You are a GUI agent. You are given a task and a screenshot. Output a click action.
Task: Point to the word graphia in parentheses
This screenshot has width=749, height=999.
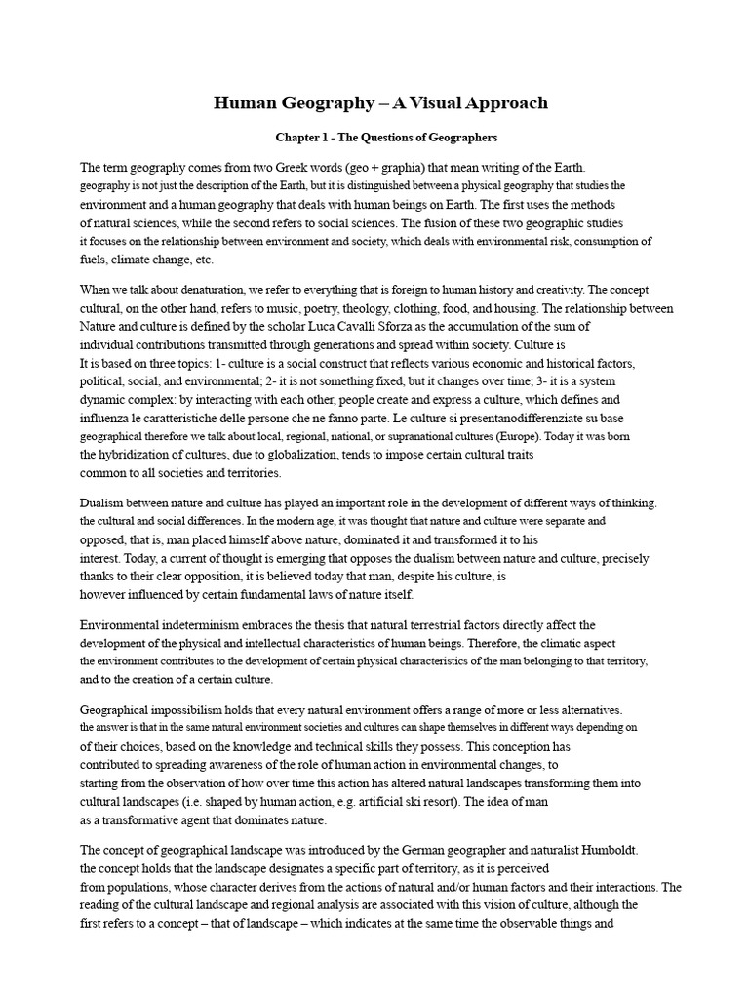point(437,167)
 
